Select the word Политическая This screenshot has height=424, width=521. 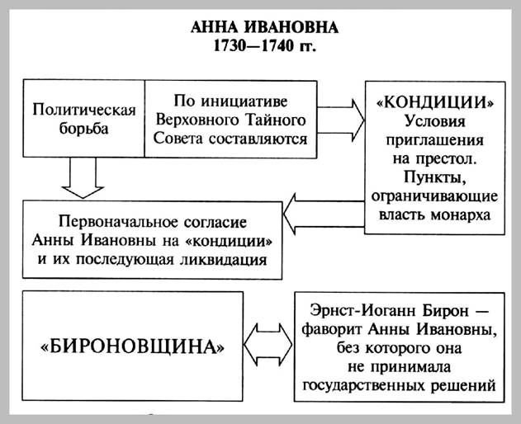point(83,109)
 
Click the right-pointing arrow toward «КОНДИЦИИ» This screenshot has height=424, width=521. point(341,117)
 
